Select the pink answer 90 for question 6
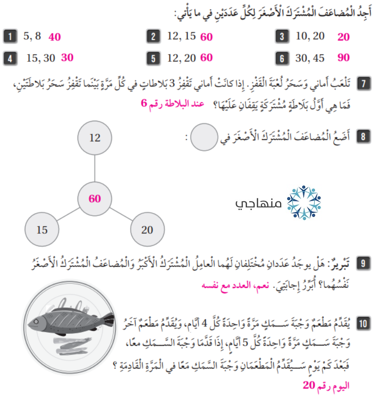click(x=344, y=58)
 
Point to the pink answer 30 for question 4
click(x=67, y=58)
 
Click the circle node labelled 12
click(x=95, y=137)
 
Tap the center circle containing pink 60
click(x=95, y=199)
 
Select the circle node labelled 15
click(x=42, y=230)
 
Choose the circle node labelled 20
click(x=147, y=230)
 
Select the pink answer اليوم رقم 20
click(x=326, y=386)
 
